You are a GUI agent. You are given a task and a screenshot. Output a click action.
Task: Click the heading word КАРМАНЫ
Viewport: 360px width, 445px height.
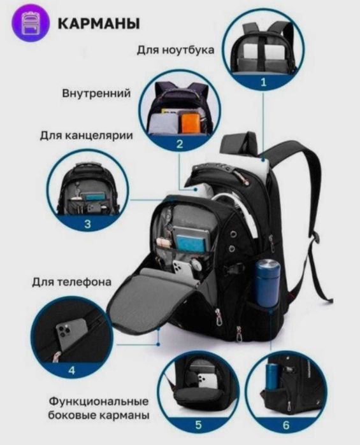(98, 23)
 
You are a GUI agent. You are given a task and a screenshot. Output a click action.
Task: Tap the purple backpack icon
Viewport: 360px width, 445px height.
(29, 24)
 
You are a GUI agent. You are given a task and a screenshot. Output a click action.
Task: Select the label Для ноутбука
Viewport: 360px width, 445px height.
(175, 50)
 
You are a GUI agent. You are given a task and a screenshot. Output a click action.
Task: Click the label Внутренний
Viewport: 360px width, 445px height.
(96, 94)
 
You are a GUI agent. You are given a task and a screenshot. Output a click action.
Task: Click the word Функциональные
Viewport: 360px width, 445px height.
(98, 402)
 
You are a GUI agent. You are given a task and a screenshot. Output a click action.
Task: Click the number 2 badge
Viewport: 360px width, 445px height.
(180, 144)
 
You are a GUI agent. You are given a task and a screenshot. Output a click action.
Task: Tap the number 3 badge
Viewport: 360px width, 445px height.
(87, 223)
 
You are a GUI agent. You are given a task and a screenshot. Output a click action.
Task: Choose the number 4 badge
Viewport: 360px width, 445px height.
(71, 369)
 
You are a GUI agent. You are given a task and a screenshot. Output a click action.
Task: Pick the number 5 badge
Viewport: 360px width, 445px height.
(198, 424)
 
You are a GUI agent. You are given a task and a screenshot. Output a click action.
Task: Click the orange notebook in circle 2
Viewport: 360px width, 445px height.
(190, 122)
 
